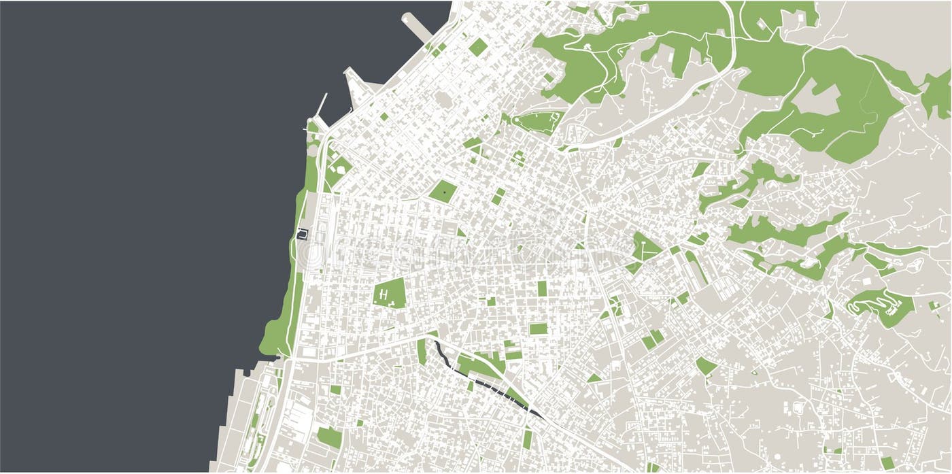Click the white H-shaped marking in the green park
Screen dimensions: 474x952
pos(384,294)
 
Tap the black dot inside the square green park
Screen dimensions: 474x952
pos(444,192)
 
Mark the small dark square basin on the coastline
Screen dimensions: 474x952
pos(303,235)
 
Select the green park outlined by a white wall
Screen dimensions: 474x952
pos(537,122)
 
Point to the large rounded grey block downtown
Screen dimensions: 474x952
pos(443,99)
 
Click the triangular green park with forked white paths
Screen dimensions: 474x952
pos(646,248)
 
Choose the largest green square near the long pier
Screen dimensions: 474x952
pos(478,47)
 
